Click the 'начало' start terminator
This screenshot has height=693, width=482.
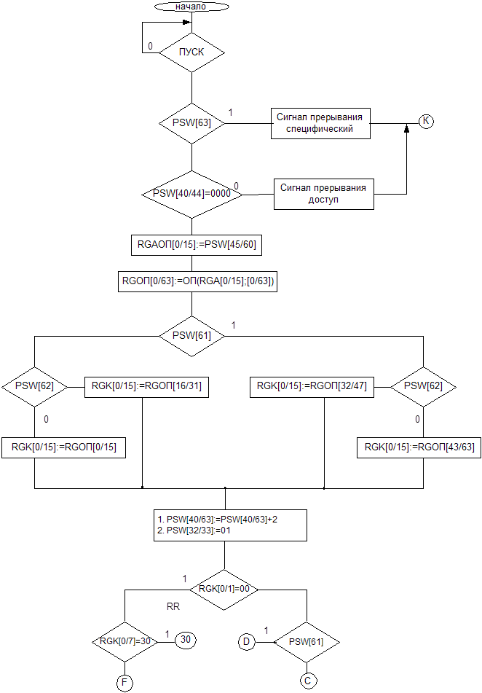pyautogui.click(x=191, y=7)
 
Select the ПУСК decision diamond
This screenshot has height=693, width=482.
pyautogui.click(x=191, y=52)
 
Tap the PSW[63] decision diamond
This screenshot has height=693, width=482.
pyautogui.click(x=191, y=123)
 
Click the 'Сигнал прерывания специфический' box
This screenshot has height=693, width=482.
pyautogui.click(x=320, y=124)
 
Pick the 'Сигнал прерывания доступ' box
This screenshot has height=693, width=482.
pyautogui.click(x=323, y=194)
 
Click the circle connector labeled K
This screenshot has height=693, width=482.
pyautogui.click(x=426, y=121)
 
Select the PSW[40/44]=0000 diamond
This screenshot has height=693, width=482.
pyautogui.click(x=191, y=194)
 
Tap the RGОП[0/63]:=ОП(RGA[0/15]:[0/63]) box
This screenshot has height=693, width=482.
pyautogui.click(x=197, y=281)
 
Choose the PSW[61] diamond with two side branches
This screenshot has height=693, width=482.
pyautogui.click(x=191, y=335)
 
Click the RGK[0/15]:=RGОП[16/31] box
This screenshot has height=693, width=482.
pyautogui.click(x=148, y=388)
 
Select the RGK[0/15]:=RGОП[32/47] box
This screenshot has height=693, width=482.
pyautogui.click(x=312, y=388)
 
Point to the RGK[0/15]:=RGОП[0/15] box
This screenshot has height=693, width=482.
pyautogui.click(x=63, y=447)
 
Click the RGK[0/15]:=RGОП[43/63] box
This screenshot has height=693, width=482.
pyautogui.click(x=419, y=447)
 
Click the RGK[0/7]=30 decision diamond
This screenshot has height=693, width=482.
pyautogui.click(x=125, y=641)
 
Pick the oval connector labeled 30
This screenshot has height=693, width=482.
pyautogui.click(x=186, y=639)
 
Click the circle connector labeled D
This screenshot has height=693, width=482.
pyautogui.click(x=248, y=642)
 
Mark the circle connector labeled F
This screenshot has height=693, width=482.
pyautogui.click(x=125, y=682)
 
